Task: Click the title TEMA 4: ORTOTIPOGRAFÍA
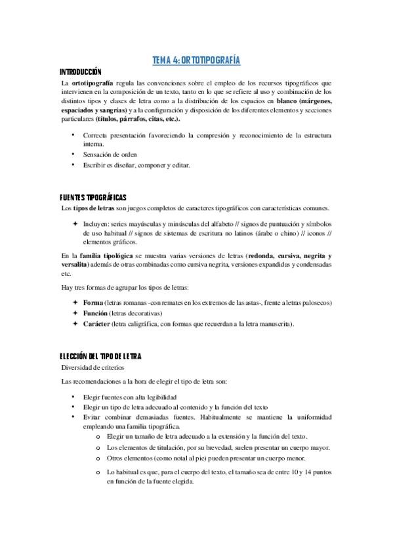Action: click(x=196, y=60)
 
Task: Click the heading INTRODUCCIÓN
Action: click(x=81, y=72)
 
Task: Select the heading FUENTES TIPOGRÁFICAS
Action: click(x=93, y=197)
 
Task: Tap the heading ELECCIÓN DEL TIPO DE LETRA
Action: click(x=100, y=356)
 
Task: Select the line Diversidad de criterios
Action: click(x=92, y=368)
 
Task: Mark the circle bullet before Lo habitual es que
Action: click(x=98, y=472)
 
